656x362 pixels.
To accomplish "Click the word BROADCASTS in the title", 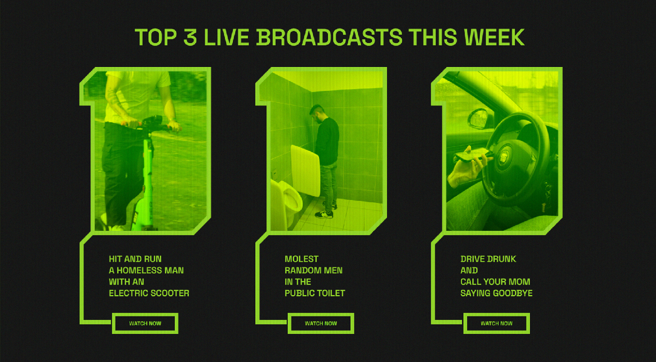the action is tap(329, 37).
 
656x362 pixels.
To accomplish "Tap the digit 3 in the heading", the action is tap(190, 37).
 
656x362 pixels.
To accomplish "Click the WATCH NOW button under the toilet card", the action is tap(321, 324).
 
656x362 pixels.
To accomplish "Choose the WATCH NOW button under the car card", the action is tap(496, 324).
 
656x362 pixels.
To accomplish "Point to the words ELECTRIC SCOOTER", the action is tap(149, 293).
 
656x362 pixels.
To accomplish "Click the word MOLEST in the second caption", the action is tap(301, 259).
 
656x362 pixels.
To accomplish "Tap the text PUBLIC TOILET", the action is tap(315, 293).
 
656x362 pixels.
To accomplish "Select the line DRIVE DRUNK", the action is tap(488, 259).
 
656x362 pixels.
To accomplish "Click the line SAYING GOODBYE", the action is tap(496, 293).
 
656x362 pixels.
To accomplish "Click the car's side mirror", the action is tap(478, 118).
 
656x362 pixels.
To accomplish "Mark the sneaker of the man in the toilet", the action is tap(324, 214).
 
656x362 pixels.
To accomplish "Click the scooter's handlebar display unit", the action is tap(152, 120).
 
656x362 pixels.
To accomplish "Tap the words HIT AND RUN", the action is tap(135, 259).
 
